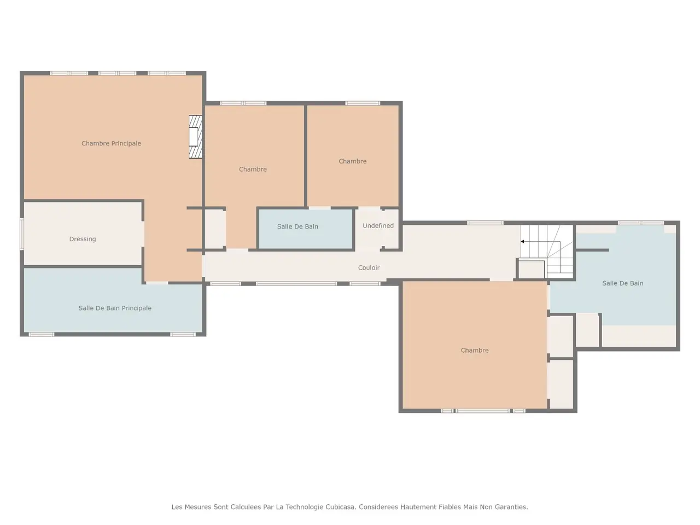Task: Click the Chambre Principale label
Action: [x=111, y=143]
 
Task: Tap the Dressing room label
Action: [x=83, y=239]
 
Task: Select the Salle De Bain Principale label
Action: [x=115, y=308]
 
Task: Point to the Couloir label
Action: [x=369, y=268]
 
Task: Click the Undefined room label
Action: [x=378, y=226]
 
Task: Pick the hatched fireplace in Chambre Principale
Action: [x=195, y=137]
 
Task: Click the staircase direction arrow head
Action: [x=522, y=242]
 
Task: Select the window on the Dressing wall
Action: [x=22, y=234]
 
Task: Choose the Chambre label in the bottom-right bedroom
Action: [x=475, y=351]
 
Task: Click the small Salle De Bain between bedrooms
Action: [x=306, y=228]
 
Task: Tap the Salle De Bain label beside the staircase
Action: [x=622, y=283]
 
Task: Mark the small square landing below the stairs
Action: [x=531, y=270]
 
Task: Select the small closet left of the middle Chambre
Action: [x=215, y=229]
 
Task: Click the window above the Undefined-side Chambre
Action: [x=363, y=103]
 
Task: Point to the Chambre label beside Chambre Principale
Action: [x=253, y=170]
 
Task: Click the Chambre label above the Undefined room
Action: [x=352, y=161]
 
